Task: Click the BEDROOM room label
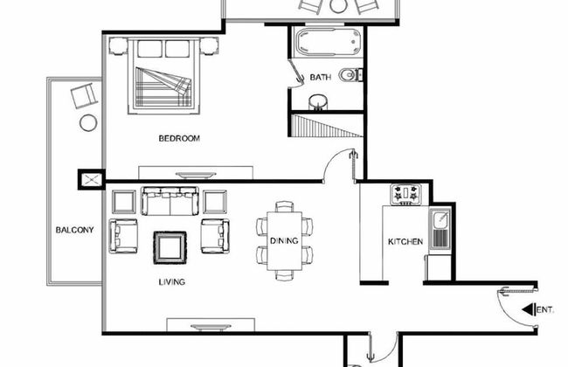(x=179, y=138)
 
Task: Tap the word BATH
(x=320, y=78)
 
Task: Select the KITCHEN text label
(x=405, y=241)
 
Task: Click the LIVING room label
(x=171, y=282)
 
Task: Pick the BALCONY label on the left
(x=74, y=230)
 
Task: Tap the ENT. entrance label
(x=544, y=309)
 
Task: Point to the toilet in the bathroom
(x=350, y=75)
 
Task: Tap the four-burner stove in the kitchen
(x=405, y=194)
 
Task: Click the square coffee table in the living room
(x=170, y=246)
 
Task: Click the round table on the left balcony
(x=87, y=122)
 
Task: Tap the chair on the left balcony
(x=86, y=94)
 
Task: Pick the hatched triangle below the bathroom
(x=336, y=128)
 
